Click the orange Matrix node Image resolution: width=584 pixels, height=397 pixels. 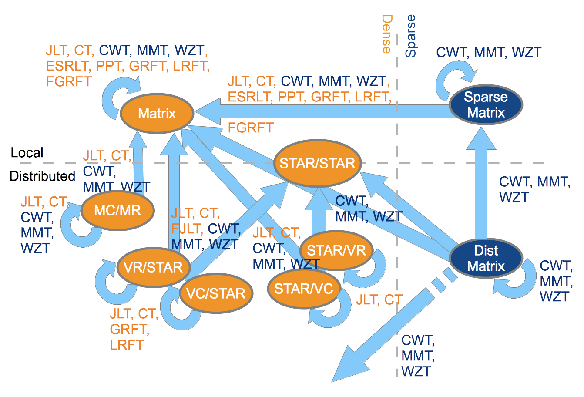(x=157, y=114)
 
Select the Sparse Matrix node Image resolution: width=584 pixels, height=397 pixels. (x=486, y=105)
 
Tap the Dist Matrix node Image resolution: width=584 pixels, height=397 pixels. (x=486, y=258)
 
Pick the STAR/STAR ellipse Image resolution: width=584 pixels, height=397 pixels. (x=317, y=163)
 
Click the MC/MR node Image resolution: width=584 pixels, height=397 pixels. (x=117, y=210)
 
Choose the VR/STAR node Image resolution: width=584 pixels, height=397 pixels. (x=153, y=267)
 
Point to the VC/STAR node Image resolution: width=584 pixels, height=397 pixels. (x=216, y=293)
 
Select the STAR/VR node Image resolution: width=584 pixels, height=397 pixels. (x=336, y=250)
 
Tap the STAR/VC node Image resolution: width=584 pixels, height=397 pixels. (x=304, y=288)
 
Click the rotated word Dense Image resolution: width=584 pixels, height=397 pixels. (x=386, y=34)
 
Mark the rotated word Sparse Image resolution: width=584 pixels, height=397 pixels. (x=410, y=36)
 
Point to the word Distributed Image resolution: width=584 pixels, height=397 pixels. (x=42, y=176)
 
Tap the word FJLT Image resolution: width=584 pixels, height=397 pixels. (x=187, y=229)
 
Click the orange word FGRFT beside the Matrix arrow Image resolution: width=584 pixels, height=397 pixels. (x=251, y=128)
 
